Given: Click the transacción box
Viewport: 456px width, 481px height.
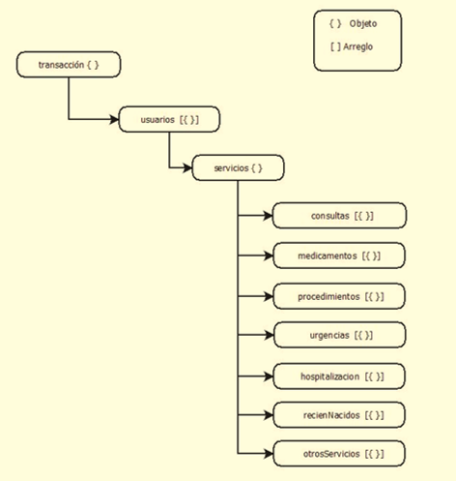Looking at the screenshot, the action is tap(69, 65).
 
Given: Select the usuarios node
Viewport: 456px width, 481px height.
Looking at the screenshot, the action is tap(169, 119).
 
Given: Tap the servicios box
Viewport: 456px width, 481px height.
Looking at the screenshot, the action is tap(238, 167).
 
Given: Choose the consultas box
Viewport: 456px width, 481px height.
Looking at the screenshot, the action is tap(339, 216).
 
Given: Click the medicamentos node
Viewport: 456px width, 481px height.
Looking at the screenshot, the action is tap(339, 256).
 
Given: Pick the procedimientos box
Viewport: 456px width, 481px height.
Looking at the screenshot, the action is tap(339, 296).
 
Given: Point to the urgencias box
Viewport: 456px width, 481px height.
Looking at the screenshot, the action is tap(340, 335).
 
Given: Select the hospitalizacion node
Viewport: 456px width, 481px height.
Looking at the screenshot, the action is tap(339, 376).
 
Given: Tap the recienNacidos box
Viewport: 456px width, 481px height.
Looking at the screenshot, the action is tap(339, 415).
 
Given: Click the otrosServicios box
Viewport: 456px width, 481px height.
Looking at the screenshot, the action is tap(339, 454).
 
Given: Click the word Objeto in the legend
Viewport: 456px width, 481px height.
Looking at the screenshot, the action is tap(363, 23).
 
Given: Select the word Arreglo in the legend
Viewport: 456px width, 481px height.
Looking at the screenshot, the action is tap(358, 46).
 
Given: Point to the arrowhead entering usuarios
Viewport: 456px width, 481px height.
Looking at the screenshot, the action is tap(114, 119).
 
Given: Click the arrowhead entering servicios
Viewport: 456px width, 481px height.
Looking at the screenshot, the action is tap(187, 167).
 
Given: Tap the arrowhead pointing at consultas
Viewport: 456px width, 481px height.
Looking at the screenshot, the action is tap(268, 216).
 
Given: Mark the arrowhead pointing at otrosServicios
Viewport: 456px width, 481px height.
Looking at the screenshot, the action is tap(269, 454).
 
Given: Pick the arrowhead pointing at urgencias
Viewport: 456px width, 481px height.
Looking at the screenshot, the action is tap(270, 335).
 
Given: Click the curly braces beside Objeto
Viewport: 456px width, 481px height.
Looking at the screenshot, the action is tap(335, 23).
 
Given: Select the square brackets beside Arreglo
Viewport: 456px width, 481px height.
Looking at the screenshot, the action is tap(335, 46).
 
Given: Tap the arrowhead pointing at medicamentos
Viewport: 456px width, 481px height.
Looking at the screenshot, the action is tap(269, 256).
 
